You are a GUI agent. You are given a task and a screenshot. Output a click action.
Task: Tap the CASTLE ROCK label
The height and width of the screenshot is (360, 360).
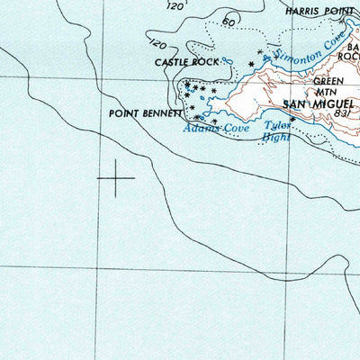click(x=186, y=63)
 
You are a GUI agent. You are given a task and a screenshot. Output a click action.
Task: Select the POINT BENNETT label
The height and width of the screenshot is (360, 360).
click(x=145, y=114)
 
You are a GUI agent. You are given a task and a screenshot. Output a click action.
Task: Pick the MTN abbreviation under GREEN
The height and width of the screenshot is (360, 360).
click(x=324, y=91)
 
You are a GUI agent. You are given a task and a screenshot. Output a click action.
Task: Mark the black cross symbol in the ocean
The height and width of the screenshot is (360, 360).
click(x=115, y=178)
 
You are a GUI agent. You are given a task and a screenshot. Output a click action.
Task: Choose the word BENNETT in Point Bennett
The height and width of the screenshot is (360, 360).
click(x=163, y=114)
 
